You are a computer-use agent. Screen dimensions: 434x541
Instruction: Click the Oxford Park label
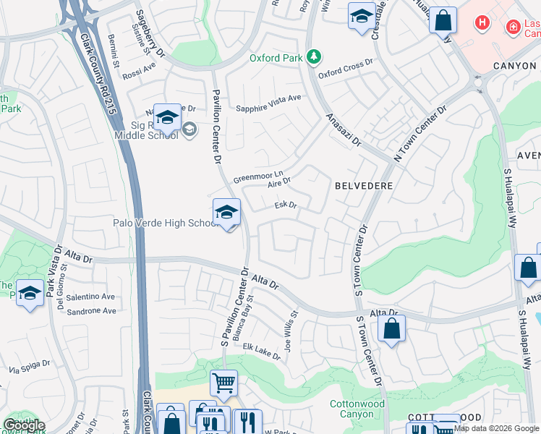point(275,57)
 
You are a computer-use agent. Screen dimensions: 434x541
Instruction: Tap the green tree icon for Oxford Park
point(313,56)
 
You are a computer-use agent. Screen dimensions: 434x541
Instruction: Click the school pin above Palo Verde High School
point(227,213)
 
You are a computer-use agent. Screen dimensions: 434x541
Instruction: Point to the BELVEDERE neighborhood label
point(364,186)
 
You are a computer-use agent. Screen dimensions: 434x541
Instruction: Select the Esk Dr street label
point(286,205)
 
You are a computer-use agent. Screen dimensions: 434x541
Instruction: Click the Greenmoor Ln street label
point(257,176)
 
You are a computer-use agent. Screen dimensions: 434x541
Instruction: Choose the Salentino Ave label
point(90,297)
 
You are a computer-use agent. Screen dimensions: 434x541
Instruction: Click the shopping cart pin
point(223,383)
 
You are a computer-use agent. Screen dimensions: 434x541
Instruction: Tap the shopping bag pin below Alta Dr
point(391,328)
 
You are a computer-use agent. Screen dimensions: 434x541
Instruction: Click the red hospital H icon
point(482,23)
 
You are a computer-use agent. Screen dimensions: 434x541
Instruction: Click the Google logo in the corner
point(24,425)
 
